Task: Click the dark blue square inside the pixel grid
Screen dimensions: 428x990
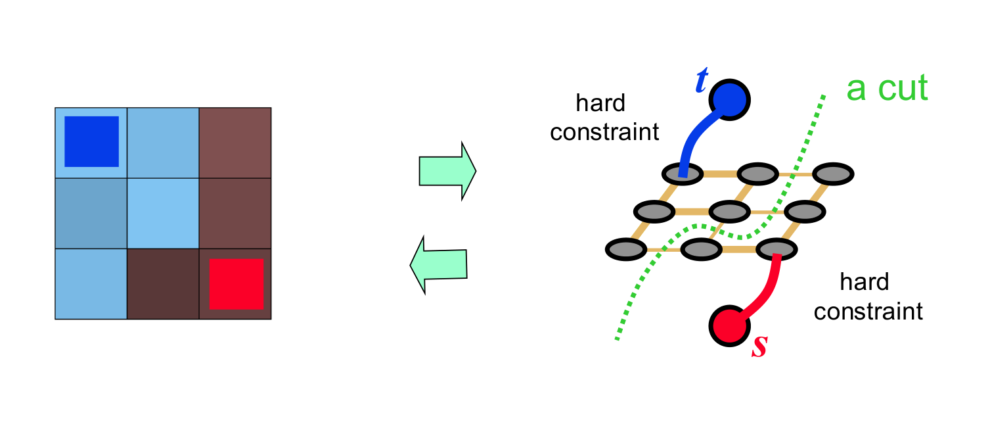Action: click(91, 141)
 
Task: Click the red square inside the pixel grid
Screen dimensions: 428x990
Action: click(236, 283)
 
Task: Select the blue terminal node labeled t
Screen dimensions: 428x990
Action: click(729, 99)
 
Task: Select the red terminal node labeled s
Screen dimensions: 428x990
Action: click(730, 325)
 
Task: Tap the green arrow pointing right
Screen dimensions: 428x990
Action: click(447, 171)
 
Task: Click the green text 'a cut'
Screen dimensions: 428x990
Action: click(887, 87)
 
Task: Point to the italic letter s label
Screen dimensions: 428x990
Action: click(759, 346)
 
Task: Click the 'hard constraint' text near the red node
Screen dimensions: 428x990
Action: click(867, 297)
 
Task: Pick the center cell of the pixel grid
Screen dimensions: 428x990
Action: click(163, 213)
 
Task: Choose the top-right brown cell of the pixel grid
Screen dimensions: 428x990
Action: click(235, 142)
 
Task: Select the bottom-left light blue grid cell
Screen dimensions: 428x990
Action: click(91, 284)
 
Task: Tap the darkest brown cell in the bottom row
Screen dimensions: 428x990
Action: click(163, 284)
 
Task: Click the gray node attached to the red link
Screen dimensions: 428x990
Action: click(776, 250)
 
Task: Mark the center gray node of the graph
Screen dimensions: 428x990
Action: click(729, 212)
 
